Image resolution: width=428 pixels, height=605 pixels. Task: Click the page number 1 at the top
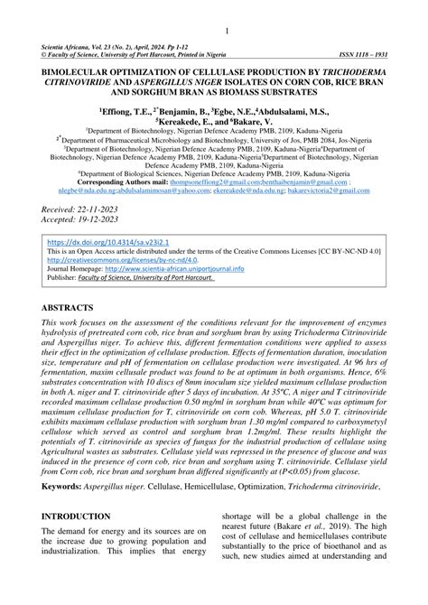click(214, 33)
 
